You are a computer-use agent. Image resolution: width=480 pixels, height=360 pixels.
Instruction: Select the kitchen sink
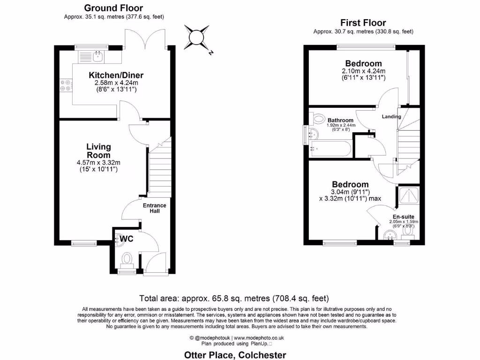(x=98, y=57)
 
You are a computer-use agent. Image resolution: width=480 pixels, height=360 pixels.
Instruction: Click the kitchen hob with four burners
(x=65, y=85)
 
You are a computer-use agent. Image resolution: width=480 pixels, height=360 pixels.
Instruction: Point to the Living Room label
(x=98, y=151)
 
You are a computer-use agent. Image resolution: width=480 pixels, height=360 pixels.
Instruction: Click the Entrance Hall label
(x=155, y=208)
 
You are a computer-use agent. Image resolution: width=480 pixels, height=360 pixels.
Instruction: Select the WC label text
(x=127, y=239)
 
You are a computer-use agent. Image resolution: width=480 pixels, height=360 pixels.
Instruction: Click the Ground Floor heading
(x=113, y=8)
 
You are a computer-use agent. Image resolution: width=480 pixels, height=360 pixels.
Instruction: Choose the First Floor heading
(x=363, y=22)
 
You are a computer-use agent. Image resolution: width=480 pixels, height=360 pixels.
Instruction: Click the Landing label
(x=391, y=116)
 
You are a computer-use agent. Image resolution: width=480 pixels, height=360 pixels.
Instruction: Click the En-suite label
(x=403, y=216)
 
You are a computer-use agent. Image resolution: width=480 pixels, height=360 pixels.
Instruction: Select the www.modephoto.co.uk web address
(x=259, y=337)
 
